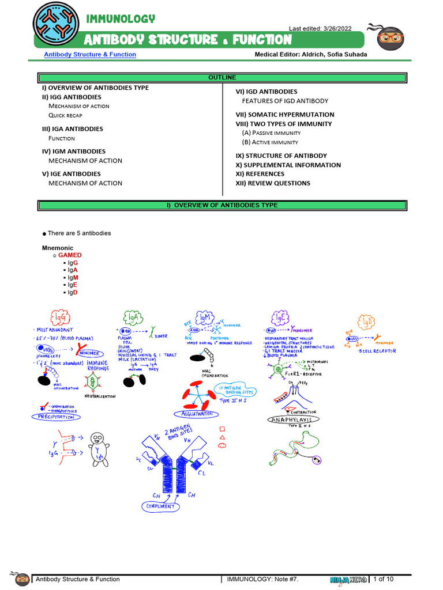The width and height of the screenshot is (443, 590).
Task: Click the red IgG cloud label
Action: pyautogui.click(x=61, y=317)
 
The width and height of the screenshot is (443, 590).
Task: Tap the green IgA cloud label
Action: pyautogui.click(x=133, y=317)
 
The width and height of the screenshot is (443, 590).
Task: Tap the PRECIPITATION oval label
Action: pyautogui.click(x=56, y=417)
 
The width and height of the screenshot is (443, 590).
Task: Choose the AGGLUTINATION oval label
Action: pyautogui.click(x=196, y=414)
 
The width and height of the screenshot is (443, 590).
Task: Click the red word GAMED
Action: pyautogui.click(x=70, y=255)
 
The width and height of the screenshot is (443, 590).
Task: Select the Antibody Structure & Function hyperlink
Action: pyautogui.click(x=90, y=55)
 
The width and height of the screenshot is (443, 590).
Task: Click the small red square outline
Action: pyautogui.click(x=222, y=429)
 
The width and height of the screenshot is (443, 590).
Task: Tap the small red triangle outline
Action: pyautogui.click(x=222, y=437)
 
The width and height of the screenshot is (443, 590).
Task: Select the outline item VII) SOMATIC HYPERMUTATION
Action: pyautogui.click(x=285, y=115)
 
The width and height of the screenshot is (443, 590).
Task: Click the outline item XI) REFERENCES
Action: pyautogui.click(x=260, y=174)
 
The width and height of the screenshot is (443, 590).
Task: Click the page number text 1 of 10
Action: pyautogui.click(x=384, y=579)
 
